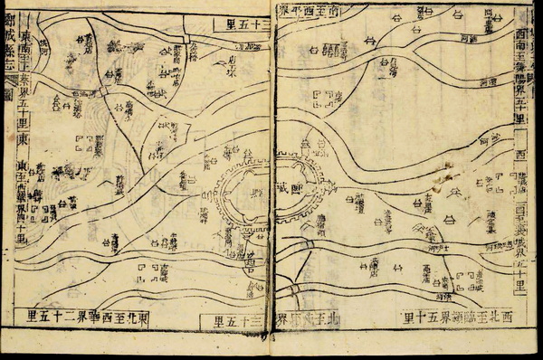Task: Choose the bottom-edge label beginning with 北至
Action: tap(310, 320)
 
